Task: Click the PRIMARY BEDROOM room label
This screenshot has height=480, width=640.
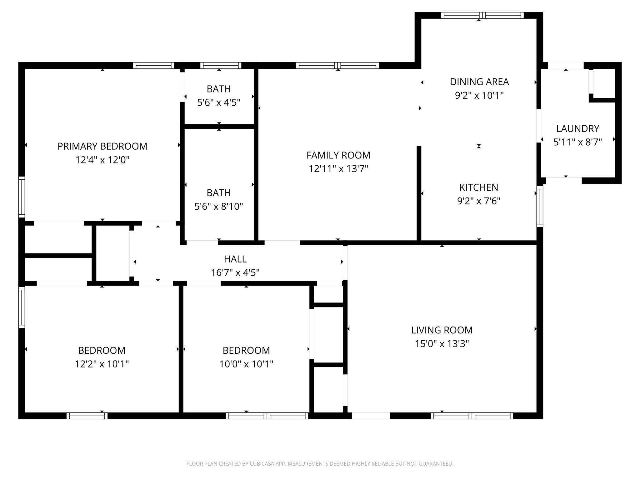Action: click(102, 146)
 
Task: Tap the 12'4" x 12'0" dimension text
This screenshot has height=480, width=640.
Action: click(102, 160)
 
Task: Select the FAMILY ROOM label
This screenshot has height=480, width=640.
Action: click(338, 155)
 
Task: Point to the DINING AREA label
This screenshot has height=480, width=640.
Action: click(479, 82)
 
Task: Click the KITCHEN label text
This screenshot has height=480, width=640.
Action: click(479, 187)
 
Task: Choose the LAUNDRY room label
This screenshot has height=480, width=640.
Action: click(577, 129)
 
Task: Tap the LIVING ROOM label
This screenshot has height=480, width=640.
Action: click(442, 330)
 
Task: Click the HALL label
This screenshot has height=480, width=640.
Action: click(235, 259)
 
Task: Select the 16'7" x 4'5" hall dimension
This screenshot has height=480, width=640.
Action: click(235, 273)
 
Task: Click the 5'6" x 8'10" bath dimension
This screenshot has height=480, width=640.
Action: click(219, 207)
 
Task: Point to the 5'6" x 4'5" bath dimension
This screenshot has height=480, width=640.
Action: click(219, 102)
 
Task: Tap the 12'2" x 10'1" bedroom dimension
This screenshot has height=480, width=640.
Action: click(102, 364)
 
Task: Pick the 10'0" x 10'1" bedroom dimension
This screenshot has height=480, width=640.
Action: click(246, 364)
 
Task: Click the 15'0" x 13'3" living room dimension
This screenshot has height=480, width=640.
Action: click(442, 344)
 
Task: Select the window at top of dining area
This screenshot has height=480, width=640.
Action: click(482, 15)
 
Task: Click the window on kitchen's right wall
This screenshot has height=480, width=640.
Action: click(540, 206)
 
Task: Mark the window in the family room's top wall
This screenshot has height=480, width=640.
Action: click(337, 66)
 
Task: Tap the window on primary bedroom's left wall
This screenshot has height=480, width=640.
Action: click(22, 197)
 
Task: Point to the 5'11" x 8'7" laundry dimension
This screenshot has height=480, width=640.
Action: click(577, 142)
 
